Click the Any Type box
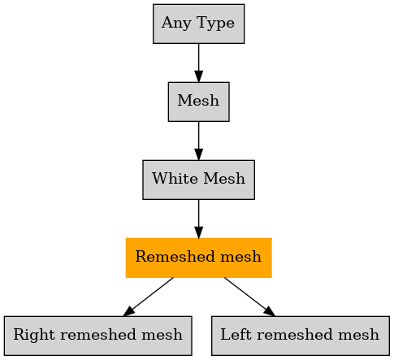tap(198, 24)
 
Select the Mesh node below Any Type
tap(198, 102)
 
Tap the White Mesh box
tap(198, 180)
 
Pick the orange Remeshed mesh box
tap(198, 258)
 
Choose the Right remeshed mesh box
tap(97, 336)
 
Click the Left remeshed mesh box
tap(301, 336)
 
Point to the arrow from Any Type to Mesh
tap(198, 63)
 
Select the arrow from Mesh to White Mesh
tap(198, 141)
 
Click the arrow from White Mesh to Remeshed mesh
tap(198, 219)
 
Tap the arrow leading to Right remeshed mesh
tap(148, 297)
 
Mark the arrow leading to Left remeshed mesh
tap(249, 297)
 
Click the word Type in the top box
tap(216, 24)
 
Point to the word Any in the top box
tap(176, 24)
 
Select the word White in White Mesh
tap(175, 179)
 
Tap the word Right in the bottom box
tap(35, 336)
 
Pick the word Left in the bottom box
tap(236, 335)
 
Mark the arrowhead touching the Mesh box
tap(198, 76)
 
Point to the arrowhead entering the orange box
tap(198, 232)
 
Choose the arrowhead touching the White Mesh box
tap(198, 154)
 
